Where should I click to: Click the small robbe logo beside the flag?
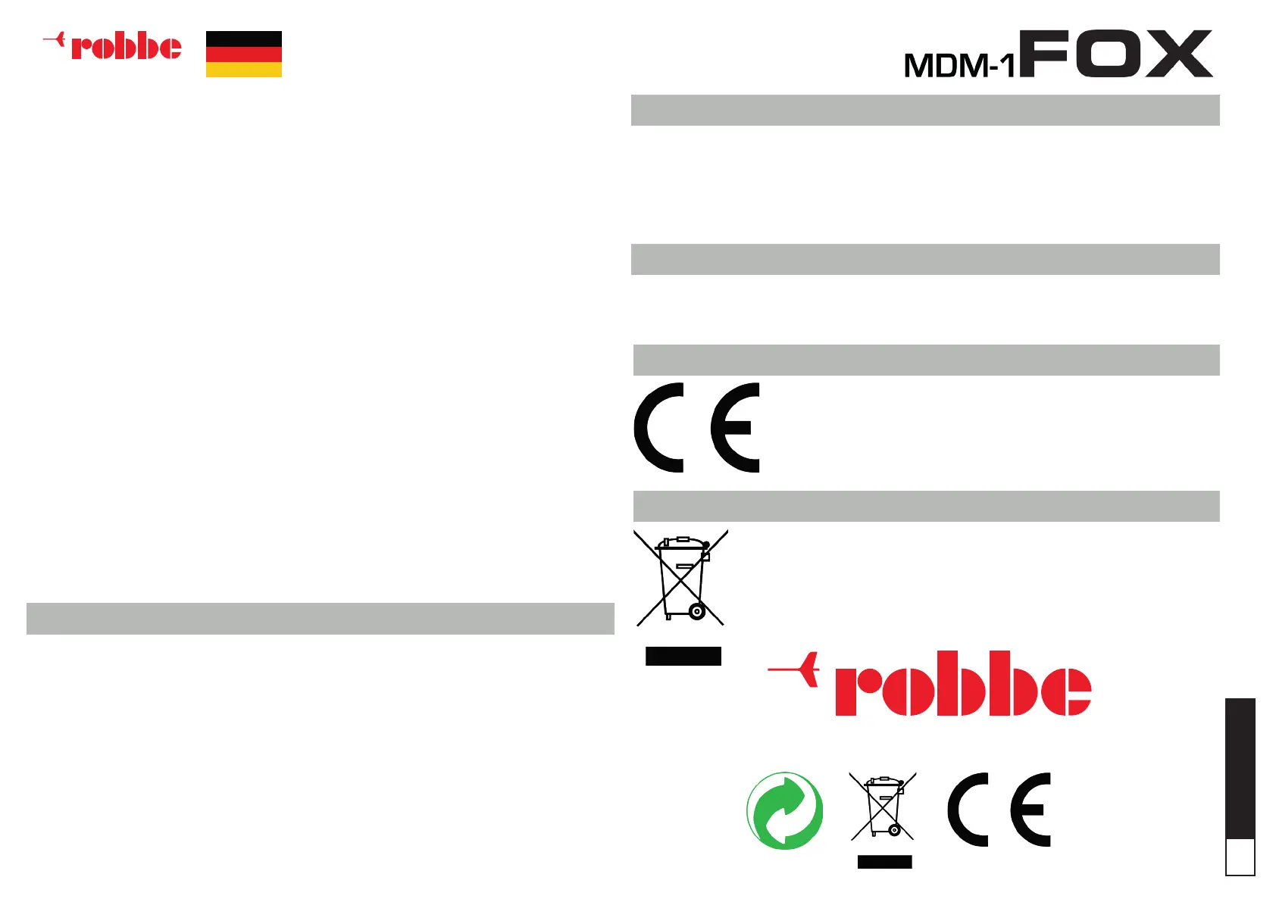[x=114, y=46]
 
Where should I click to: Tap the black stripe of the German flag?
[x=243, y=38]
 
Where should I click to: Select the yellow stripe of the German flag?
[x=243, y=70]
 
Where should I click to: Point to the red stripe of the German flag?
[x=243, y=54]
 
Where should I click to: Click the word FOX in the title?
[x=1116, y=54]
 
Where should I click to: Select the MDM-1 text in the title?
[x=959, y=66]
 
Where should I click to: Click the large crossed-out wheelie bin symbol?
[x=680, y=578]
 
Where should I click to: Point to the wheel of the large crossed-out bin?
[x=696, y=612]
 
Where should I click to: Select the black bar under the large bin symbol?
[x=683, y=656]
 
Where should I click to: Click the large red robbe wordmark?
[x=962, y=684]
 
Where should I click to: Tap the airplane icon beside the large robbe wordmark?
[x=796, y=669]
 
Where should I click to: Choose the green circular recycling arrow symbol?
[x=784, y=810]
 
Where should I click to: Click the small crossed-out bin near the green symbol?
[x=883, y=807]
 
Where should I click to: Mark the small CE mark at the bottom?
[x=999, y=810]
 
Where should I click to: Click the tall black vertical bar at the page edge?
[x=1240, y=767]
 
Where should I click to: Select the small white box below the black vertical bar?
[x=1240, y=857]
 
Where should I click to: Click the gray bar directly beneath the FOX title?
[x=925, y=110]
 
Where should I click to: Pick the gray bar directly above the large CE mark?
[x=926, y=360]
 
